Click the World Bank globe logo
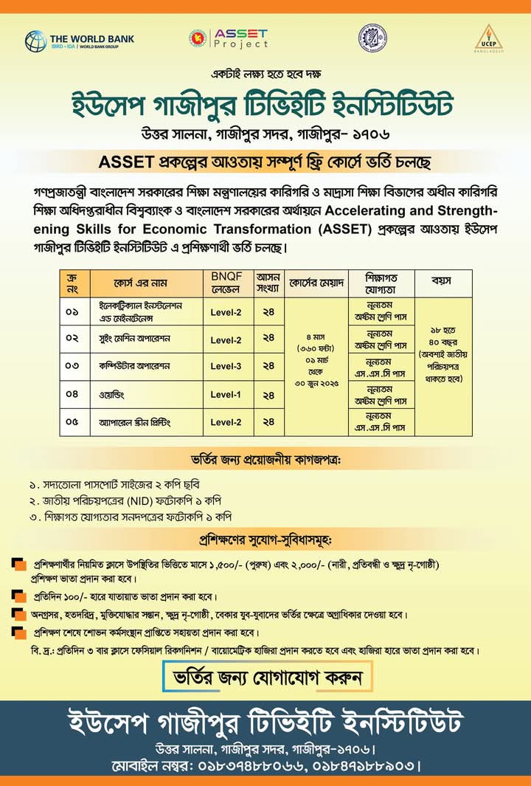click(35, 40)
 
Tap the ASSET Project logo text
click(240, 39)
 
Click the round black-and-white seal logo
click(372, 38)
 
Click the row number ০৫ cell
click(72, 422)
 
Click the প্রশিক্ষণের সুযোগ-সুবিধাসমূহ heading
click(265, 535)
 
